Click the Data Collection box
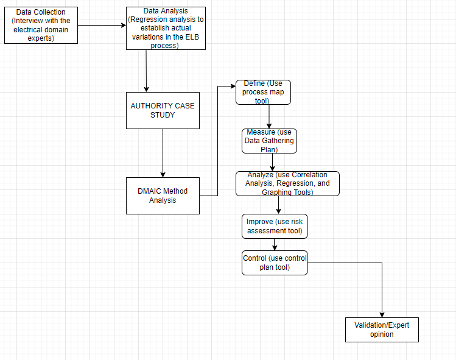tap(41, 26)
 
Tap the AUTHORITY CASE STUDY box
tap(163, 110)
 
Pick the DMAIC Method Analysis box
tap(163, 196)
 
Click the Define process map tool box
tap(263, 92)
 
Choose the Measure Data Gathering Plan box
tap(269, 141)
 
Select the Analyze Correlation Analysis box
tap(287, 183)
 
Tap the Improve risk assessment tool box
tap(275, 226)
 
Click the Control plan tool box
tap(275, 263)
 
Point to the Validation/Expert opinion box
tap(382, 330)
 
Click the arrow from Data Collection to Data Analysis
tap(102, 26)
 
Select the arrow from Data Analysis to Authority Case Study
tap(146, 71)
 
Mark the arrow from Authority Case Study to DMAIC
tap(163, 153)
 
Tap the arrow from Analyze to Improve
tap(278, 205)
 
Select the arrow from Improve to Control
tap(275, 244)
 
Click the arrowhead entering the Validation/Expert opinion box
tap(382, 314)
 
